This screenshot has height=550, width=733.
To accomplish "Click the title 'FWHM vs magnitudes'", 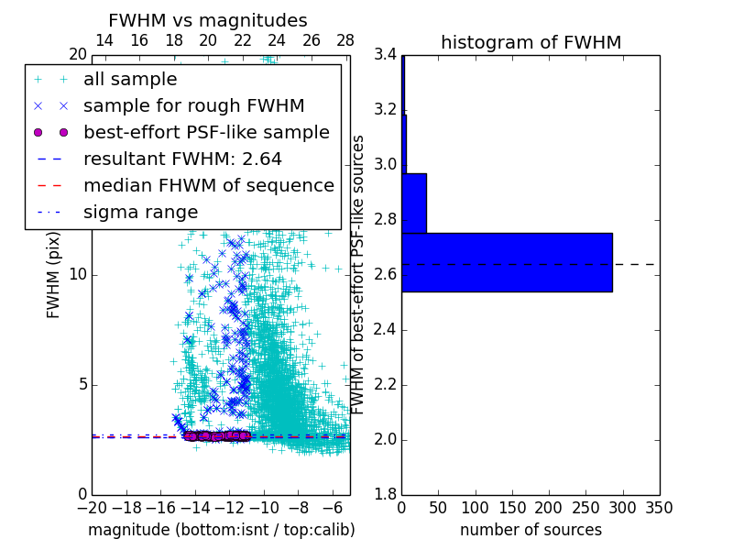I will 208,20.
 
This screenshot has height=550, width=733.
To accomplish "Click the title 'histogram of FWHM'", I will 531,42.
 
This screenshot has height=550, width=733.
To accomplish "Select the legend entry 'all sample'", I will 130,80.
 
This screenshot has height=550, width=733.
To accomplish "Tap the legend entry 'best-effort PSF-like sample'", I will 206,133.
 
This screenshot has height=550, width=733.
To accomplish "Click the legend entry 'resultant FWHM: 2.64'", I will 182,159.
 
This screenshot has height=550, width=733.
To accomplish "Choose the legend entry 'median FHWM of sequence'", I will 208,186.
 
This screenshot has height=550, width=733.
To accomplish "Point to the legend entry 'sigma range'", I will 140,213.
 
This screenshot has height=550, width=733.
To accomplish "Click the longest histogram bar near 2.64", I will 507,262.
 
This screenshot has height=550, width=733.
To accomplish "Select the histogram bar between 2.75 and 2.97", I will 414,203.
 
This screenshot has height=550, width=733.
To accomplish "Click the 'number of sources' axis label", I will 531,530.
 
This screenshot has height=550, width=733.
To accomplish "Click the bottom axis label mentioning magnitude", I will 221,530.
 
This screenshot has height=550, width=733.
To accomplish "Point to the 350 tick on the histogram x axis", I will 659,508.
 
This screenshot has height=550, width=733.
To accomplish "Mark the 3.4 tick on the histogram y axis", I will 385,55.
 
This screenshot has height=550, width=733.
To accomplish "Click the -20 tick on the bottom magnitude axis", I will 92,508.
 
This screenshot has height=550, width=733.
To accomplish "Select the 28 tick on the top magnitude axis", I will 345,40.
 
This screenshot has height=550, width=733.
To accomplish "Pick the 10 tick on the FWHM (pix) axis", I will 77,274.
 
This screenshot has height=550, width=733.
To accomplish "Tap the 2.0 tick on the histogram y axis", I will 385,439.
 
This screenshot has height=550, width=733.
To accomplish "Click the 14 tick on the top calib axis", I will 104,40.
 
